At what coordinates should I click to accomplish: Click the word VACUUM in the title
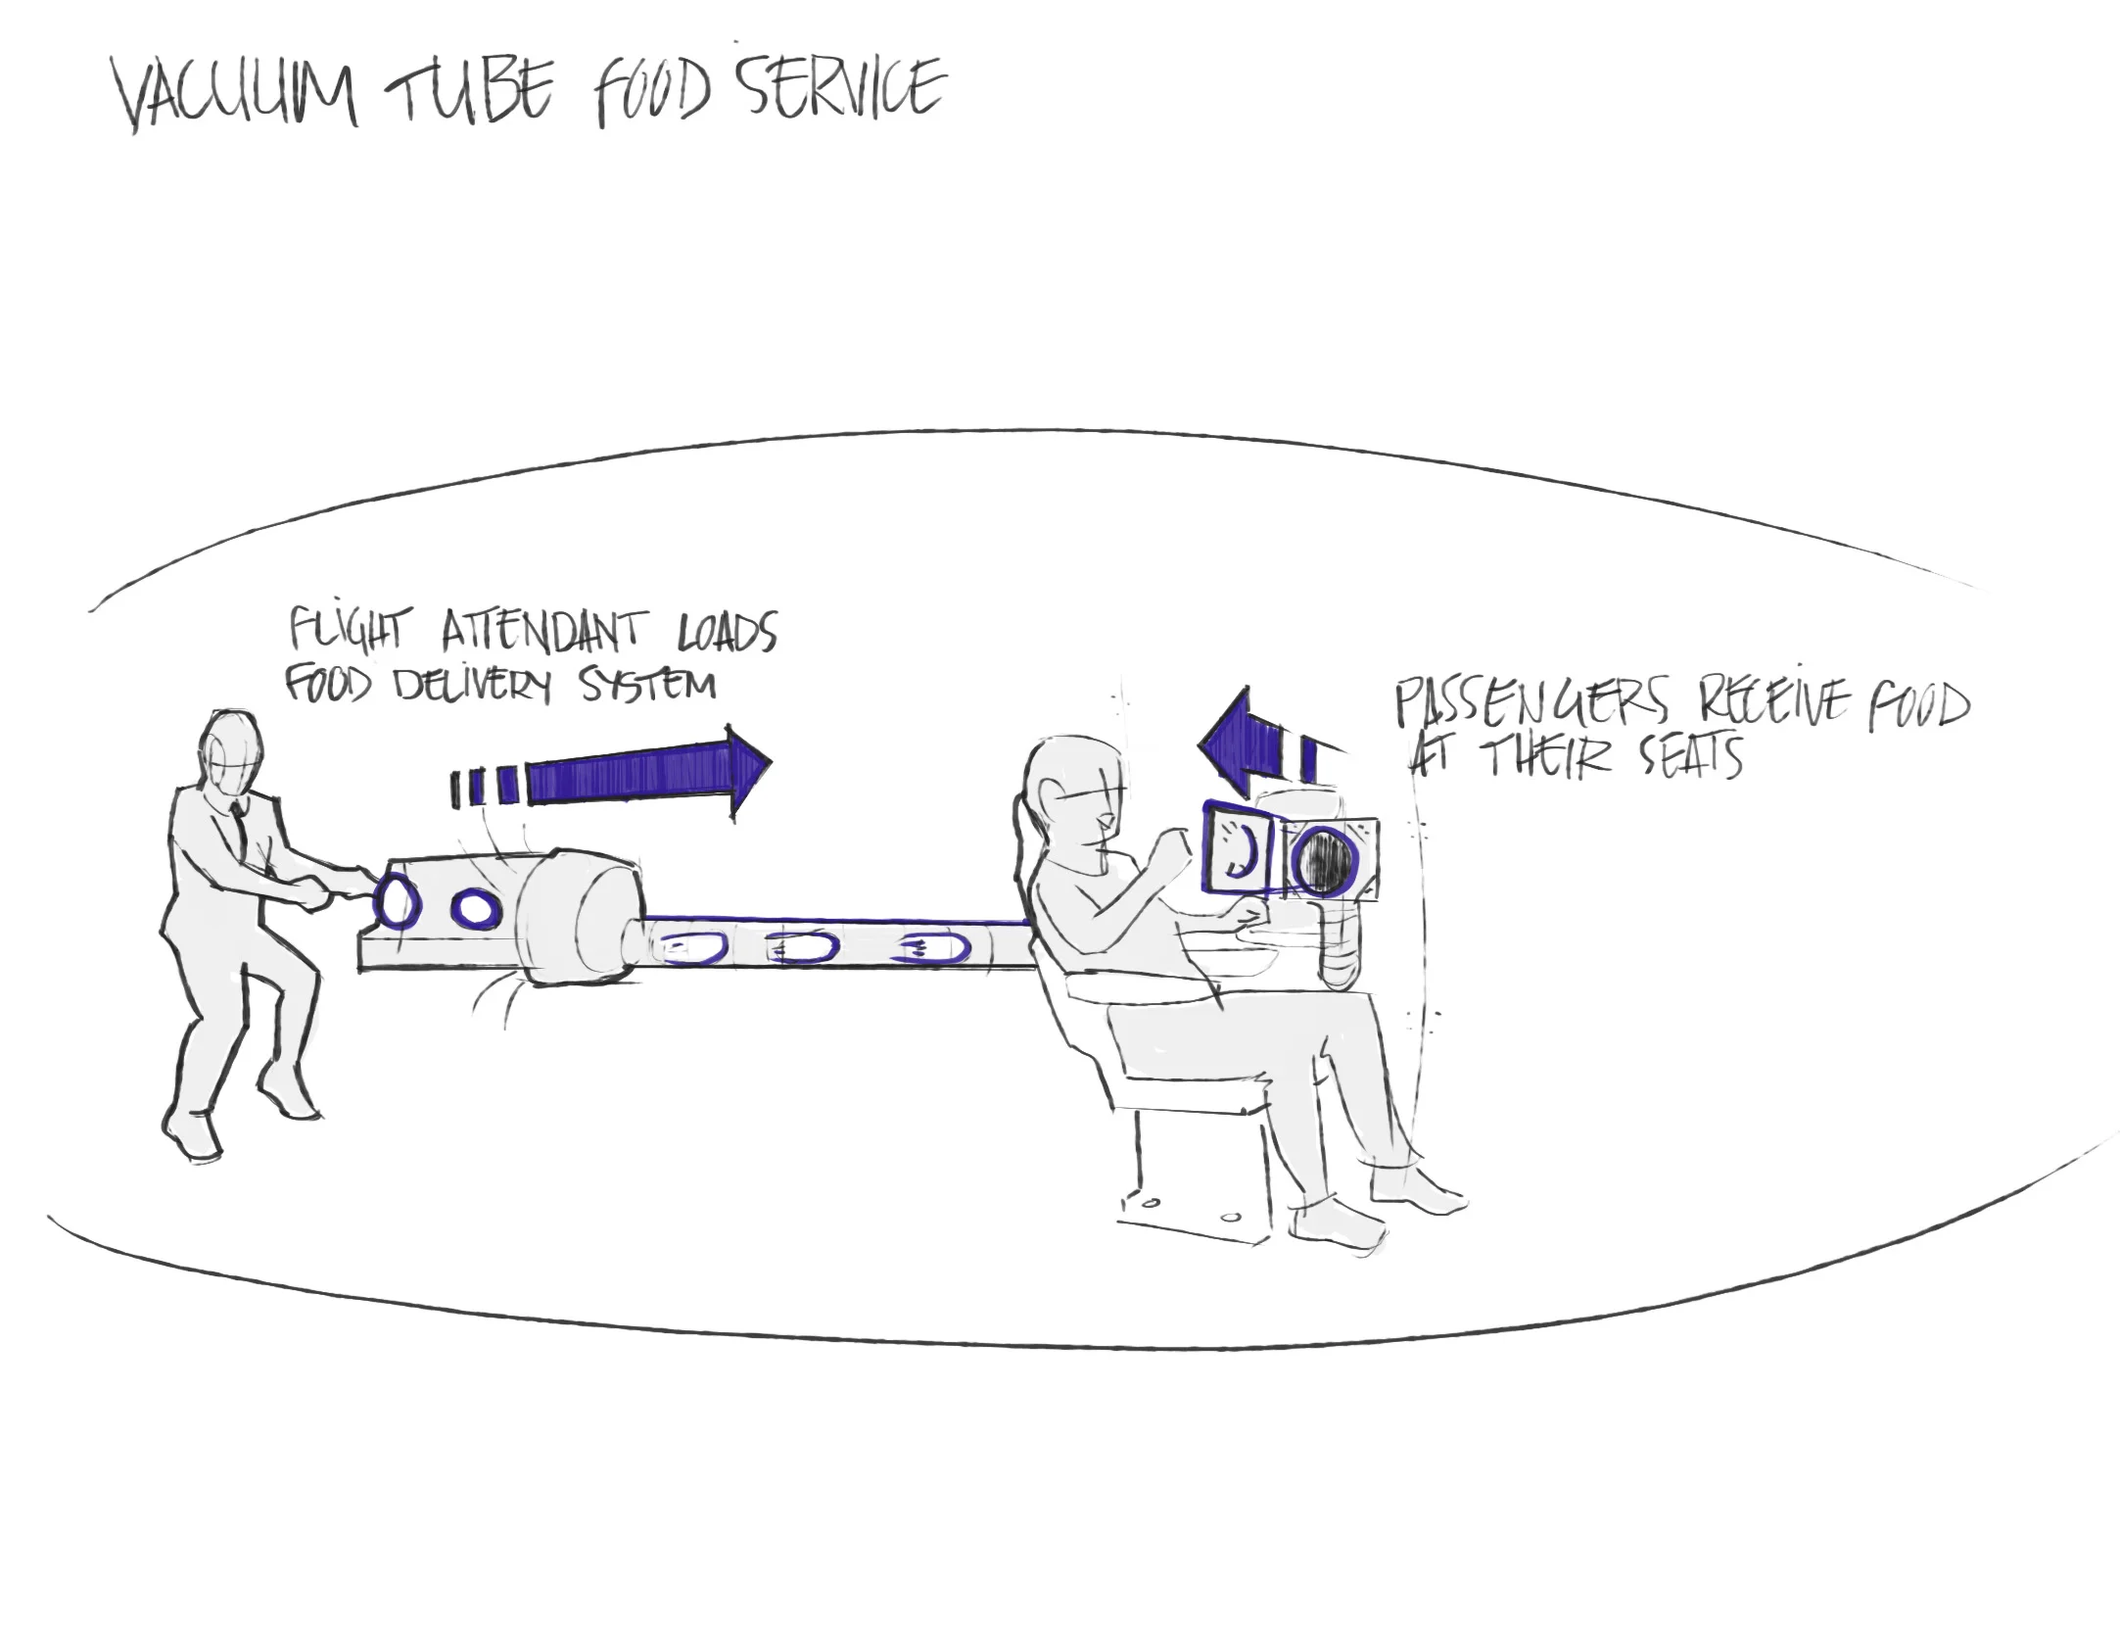coord(235,95)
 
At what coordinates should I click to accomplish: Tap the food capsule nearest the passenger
coord(935,948)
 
